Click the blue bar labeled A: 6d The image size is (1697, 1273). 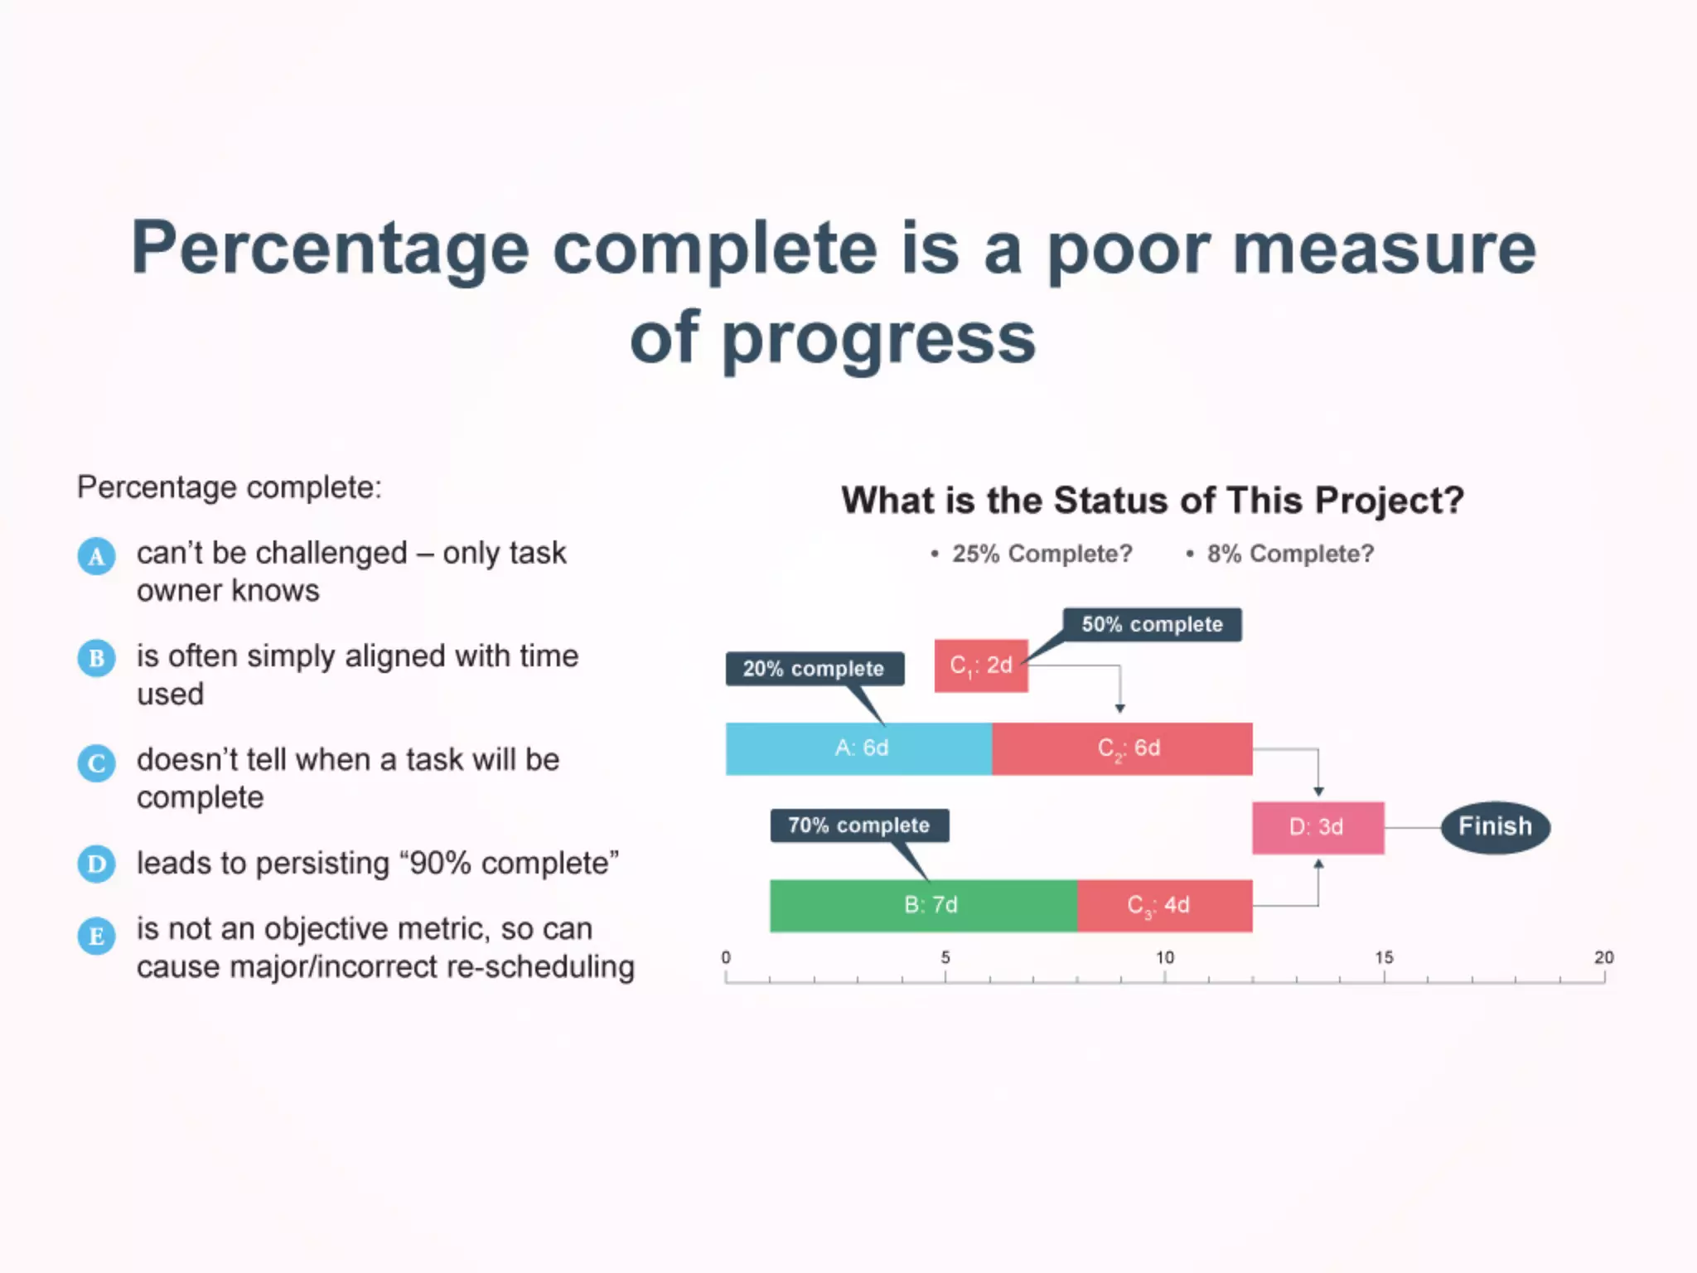pyautogui.click(x=858, y=748)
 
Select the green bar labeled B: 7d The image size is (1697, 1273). pyautogui.click(x=923, y=905)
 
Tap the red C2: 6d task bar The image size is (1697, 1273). pyautogui.click(x=1122, y=748)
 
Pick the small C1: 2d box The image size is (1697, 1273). pyautogui.click(x=981, y=666)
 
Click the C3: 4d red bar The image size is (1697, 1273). pyautogui.click(x=1164, y=905)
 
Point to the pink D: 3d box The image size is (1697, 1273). pyautogui.click(x=1317, y=827)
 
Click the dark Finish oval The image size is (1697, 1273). pyautogui.click(x=1495, y=826)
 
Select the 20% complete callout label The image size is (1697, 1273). pyautogui.click(x=814, y=669)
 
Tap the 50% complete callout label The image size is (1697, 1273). pyautogui.click(x=1152, y=624)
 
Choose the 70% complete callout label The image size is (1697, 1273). pyautogui.click(x=859, y=825)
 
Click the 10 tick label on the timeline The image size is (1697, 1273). pyautogui.click(x=1165, y=957)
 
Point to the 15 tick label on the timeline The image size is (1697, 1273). pyautogui.click(x=1384, y=957)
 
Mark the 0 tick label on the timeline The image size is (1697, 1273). pyautogui.click(x=726, y=957)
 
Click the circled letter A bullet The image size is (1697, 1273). pyautogui.click(x=96, y=556)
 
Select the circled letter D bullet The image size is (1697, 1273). pyautogui.click(x=96, y=864)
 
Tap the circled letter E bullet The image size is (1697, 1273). pyautogui.click(x=96, y=936)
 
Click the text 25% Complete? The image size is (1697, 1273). pyautogui.click(x=1042, y=554)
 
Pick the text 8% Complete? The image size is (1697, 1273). pyautogui.click(x=1289, y=554)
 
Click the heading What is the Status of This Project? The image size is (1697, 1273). pyautogui.click(x=1153, y=501)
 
